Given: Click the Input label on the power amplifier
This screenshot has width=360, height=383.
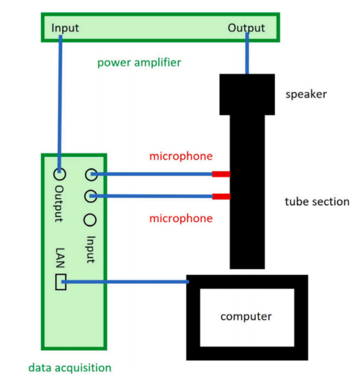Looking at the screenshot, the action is point(65,28).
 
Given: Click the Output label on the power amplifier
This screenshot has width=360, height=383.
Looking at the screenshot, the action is point(246,29).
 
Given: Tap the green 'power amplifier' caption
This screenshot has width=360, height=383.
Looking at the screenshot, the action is point(140,63).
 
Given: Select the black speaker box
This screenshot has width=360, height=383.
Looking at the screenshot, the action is point(247,94).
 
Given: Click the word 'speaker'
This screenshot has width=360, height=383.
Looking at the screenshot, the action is point(306,94).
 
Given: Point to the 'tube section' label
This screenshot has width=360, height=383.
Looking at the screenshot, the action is point(317,202).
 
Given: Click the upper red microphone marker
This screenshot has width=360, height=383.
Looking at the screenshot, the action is point(221,174).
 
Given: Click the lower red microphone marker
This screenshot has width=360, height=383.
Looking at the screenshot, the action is point(221,197).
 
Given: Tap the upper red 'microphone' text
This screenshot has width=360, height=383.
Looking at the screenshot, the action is point(181,156).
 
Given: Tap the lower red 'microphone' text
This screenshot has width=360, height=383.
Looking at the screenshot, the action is point(181,218).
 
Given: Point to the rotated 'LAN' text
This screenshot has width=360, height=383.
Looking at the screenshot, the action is point(60,257).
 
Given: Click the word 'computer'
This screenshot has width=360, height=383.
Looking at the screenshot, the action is point(246,317).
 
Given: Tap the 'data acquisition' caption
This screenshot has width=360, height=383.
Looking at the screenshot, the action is point(70,368).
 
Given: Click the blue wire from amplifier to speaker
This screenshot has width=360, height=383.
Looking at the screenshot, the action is point(247,53).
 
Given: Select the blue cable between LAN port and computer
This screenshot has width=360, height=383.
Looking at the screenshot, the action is point(125,282).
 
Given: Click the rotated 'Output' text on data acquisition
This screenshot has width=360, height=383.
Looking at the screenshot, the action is point(59,204).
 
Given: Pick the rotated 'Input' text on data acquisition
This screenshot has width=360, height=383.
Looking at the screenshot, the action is point(91,249).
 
